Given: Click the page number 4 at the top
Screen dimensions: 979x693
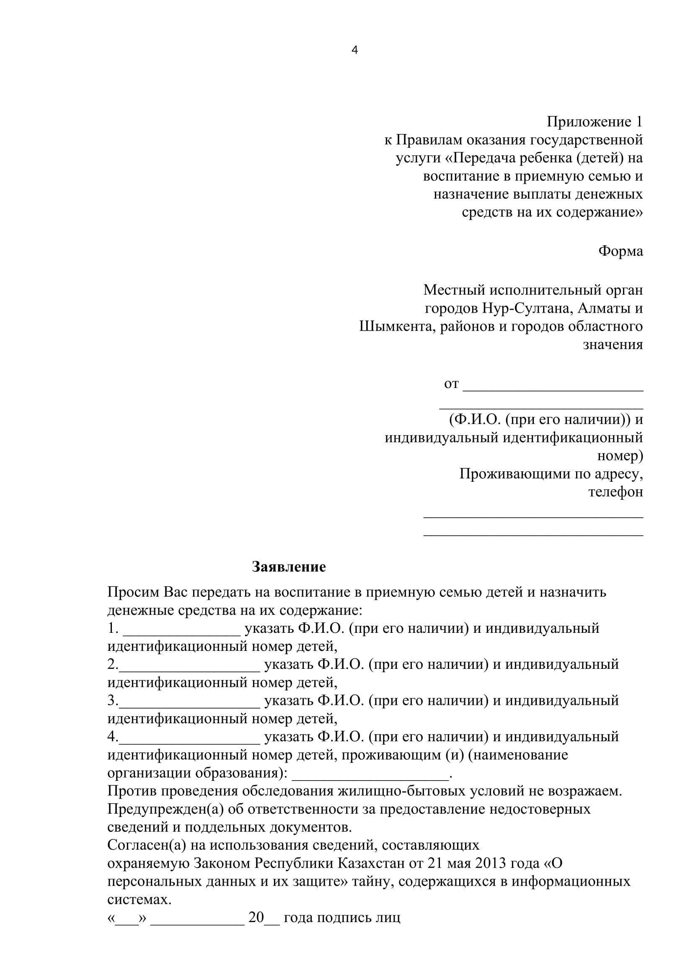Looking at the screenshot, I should coord(354,50).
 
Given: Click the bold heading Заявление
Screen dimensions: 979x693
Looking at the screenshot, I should coord(289,567).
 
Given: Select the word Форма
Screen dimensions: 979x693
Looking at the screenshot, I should coord(621,251).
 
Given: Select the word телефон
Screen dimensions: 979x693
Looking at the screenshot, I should coord(615,492).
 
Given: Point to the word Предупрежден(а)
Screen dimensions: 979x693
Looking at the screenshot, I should coord(157,809).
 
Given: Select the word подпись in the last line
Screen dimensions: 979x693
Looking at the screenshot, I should coord(344,917).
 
